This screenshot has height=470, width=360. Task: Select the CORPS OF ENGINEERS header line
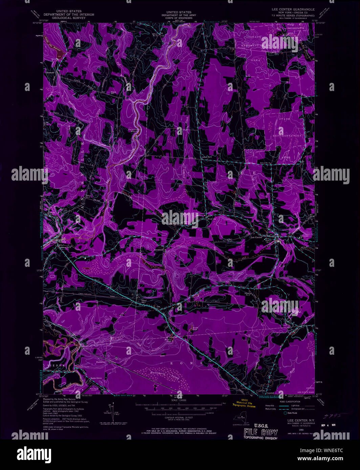coord(176,18)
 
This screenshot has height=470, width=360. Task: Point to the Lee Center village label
coord(256,237)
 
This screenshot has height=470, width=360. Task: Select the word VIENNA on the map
coord(54,366)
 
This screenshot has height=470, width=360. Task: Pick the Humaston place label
coord(101,362)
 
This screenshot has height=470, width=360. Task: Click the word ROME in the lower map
coord(188,363)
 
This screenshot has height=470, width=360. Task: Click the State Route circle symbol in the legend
coord(285,413)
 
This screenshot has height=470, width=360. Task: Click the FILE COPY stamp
coord(261,432)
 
